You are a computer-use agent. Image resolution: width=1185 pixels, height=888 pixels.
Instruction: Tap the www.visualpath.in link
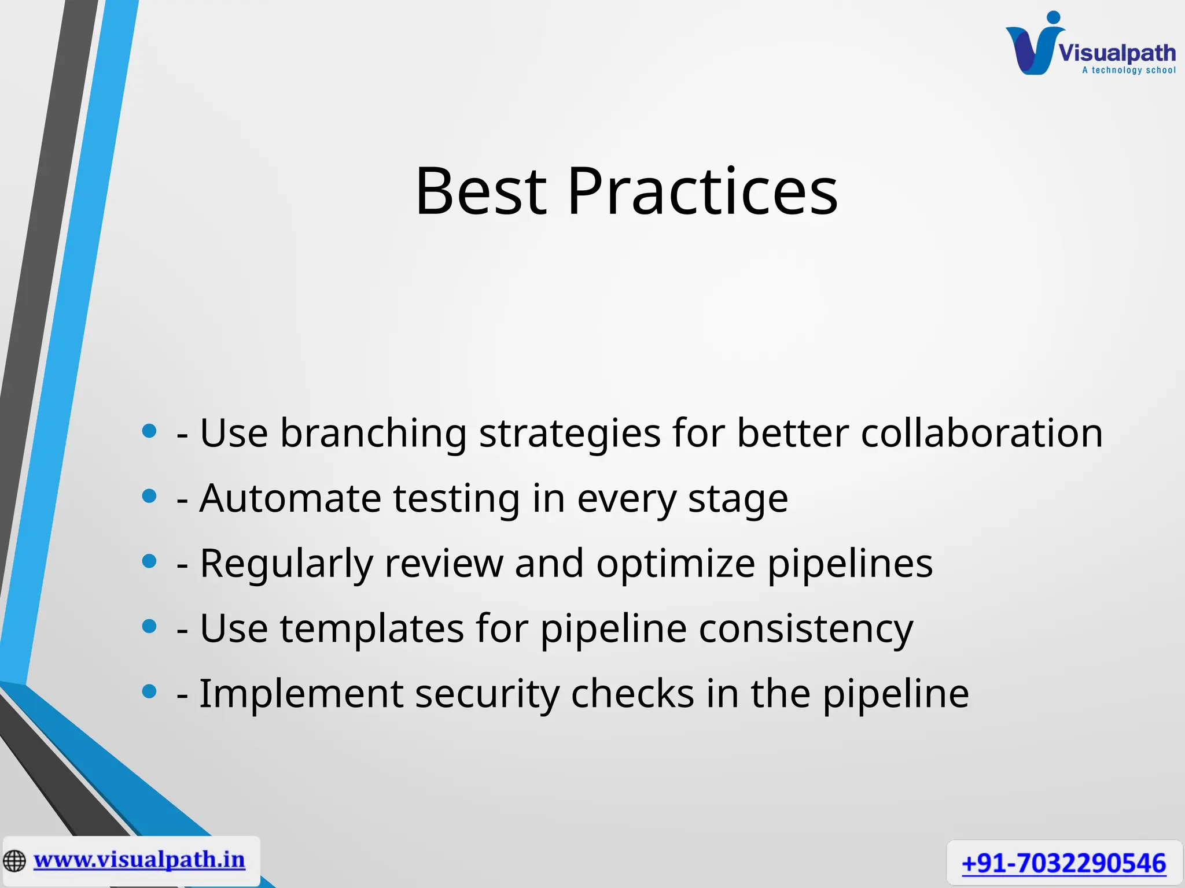pyautogui.click(x=139, y=860)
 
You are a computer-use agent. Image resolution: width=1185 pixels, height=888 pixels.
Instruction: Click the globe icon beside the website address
pyautogui.click(x=14, y=861)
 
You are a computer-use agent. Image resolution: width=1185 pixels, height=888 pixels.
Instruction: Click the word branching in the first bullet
pyautogui.click(x=373, y=434)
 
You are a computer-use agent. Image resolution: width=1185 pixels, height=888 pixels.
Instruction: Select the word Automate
pyautogui.click(x=290, y=498)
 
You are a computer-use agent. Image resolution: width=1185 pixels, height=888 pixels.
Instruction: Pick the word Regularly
pyautogui.click(x=286, y=564)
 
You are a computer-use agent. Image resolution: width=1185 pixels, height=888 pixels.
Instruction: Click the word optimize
pyautogui.click(x=675, y=564)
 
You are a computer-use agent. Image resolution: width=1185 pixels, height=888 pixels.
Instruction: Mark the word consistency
pyautogui.click(x=805, y=629)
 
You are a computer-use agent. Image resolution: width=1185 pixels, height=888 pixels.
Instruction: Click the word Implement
pyautogui.click(x=301, y=694)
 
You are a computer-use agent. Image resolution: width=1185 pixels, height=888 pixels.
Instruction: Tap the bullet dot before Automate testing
pyautogui.click(x=149, y=496)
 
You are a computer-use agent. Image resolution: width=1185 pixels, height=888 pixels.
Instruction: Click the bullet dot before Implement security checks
pyautogui.click(x=149, y=691)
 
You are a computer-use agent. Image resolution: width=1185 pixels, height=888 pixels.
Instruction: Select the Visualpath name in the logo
pyautogui.click(x=1117, y=53)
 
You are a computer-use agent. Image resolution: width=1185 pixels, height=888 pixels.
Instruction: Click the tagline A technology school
pyautogui.click(x=1128, y=71)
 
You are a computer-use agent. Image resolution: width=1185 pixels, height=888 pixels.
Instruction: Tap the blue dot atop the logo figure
pyautogui.click(x=1054, y=17)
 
